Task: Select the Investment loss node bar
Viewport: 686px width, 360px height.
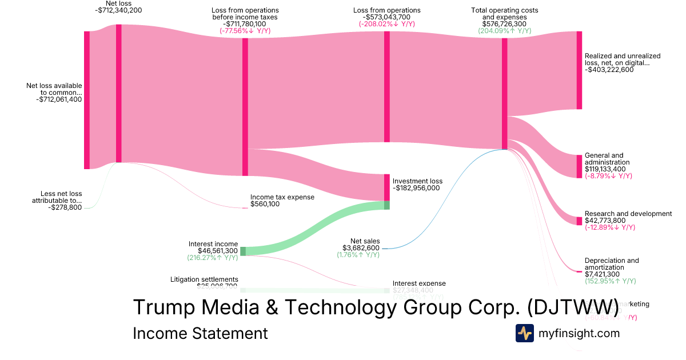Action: (x=386, y=187)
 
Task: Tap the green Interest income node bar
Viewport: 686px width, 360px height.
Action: (x=243, y=251)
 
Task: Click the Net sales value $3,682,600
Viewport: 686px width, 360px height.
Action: (x=361, y=248)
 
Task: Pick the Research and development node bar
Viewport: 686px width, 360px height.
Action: (x=579, y=221)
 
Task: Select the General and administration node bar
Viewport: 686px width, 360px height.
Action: (x=579, y=166)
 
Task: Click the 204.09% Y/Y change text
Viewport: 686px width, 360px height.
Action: (x=504, y=31)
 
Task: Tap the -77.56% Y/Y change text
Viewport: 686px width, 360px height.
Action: (x=245, y=31)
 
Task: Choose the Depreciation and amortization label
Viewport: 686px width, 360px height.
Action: (x=612, y=264)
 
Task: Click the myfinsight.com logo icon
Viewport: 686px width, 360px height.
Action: (x=524, y=333)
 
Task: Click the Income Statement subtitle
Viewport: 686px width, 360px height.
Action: (x=200, y=333)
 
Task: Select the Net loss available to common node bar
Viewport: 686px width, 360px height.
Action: (x=87, y=100)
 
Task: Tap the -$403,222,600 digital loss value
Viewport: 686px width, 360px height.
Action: (x=609, y=70)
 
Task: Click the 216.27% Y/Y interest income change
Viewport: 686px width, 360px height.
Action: (x=213, y=258)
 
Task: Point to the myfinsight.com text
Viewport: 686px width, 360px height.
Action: (x=579, y=333)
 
